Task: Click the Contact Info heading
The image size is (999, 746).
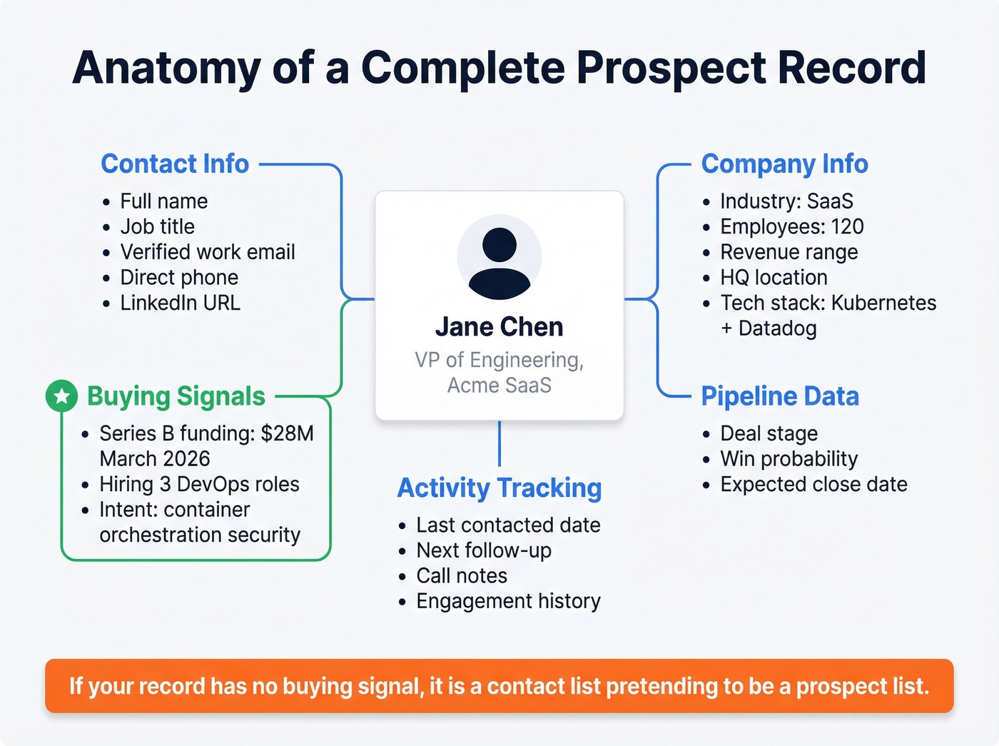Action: pos(175,164)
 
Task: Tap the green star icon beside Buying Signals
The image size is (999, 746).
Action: pos(61,395)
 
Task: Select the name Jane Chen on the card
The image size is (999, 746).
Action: pos(499,327)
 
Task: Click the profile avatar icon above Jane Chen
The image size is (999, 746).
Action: pos(499,258)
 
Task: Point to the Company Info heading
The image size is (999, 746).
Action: pos(784,164)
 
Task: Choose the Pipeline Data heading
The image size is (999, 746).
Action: pos(779,396)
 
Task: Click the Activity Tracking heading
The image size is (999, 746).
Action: pos(499,488)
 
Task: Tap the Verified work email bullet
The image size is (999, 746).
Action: pos(207,252)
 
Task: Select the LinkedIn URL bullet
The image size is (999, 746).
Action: pos(180,303)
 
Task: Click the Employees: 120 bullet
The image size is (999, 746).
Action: pos(791,227)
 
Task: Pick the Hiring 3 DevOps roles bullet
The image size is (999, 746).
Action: pos(199,484)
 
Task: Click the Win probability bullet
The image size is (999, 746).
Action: pos(788,459)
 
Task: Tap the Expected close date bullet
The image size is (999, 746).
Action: pos(813,484)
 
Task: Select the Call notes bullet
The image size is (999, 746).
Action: pos(462,575)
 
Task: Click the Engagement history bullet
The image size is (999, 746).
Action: pos(508,601)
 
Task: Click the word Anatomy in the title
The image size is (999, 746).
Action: pos(166,68)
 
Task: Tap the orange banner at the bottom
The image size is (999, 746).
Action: pos(499,686)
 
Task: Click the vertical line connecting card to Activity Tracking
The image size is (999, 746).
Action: pos(499,443)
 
